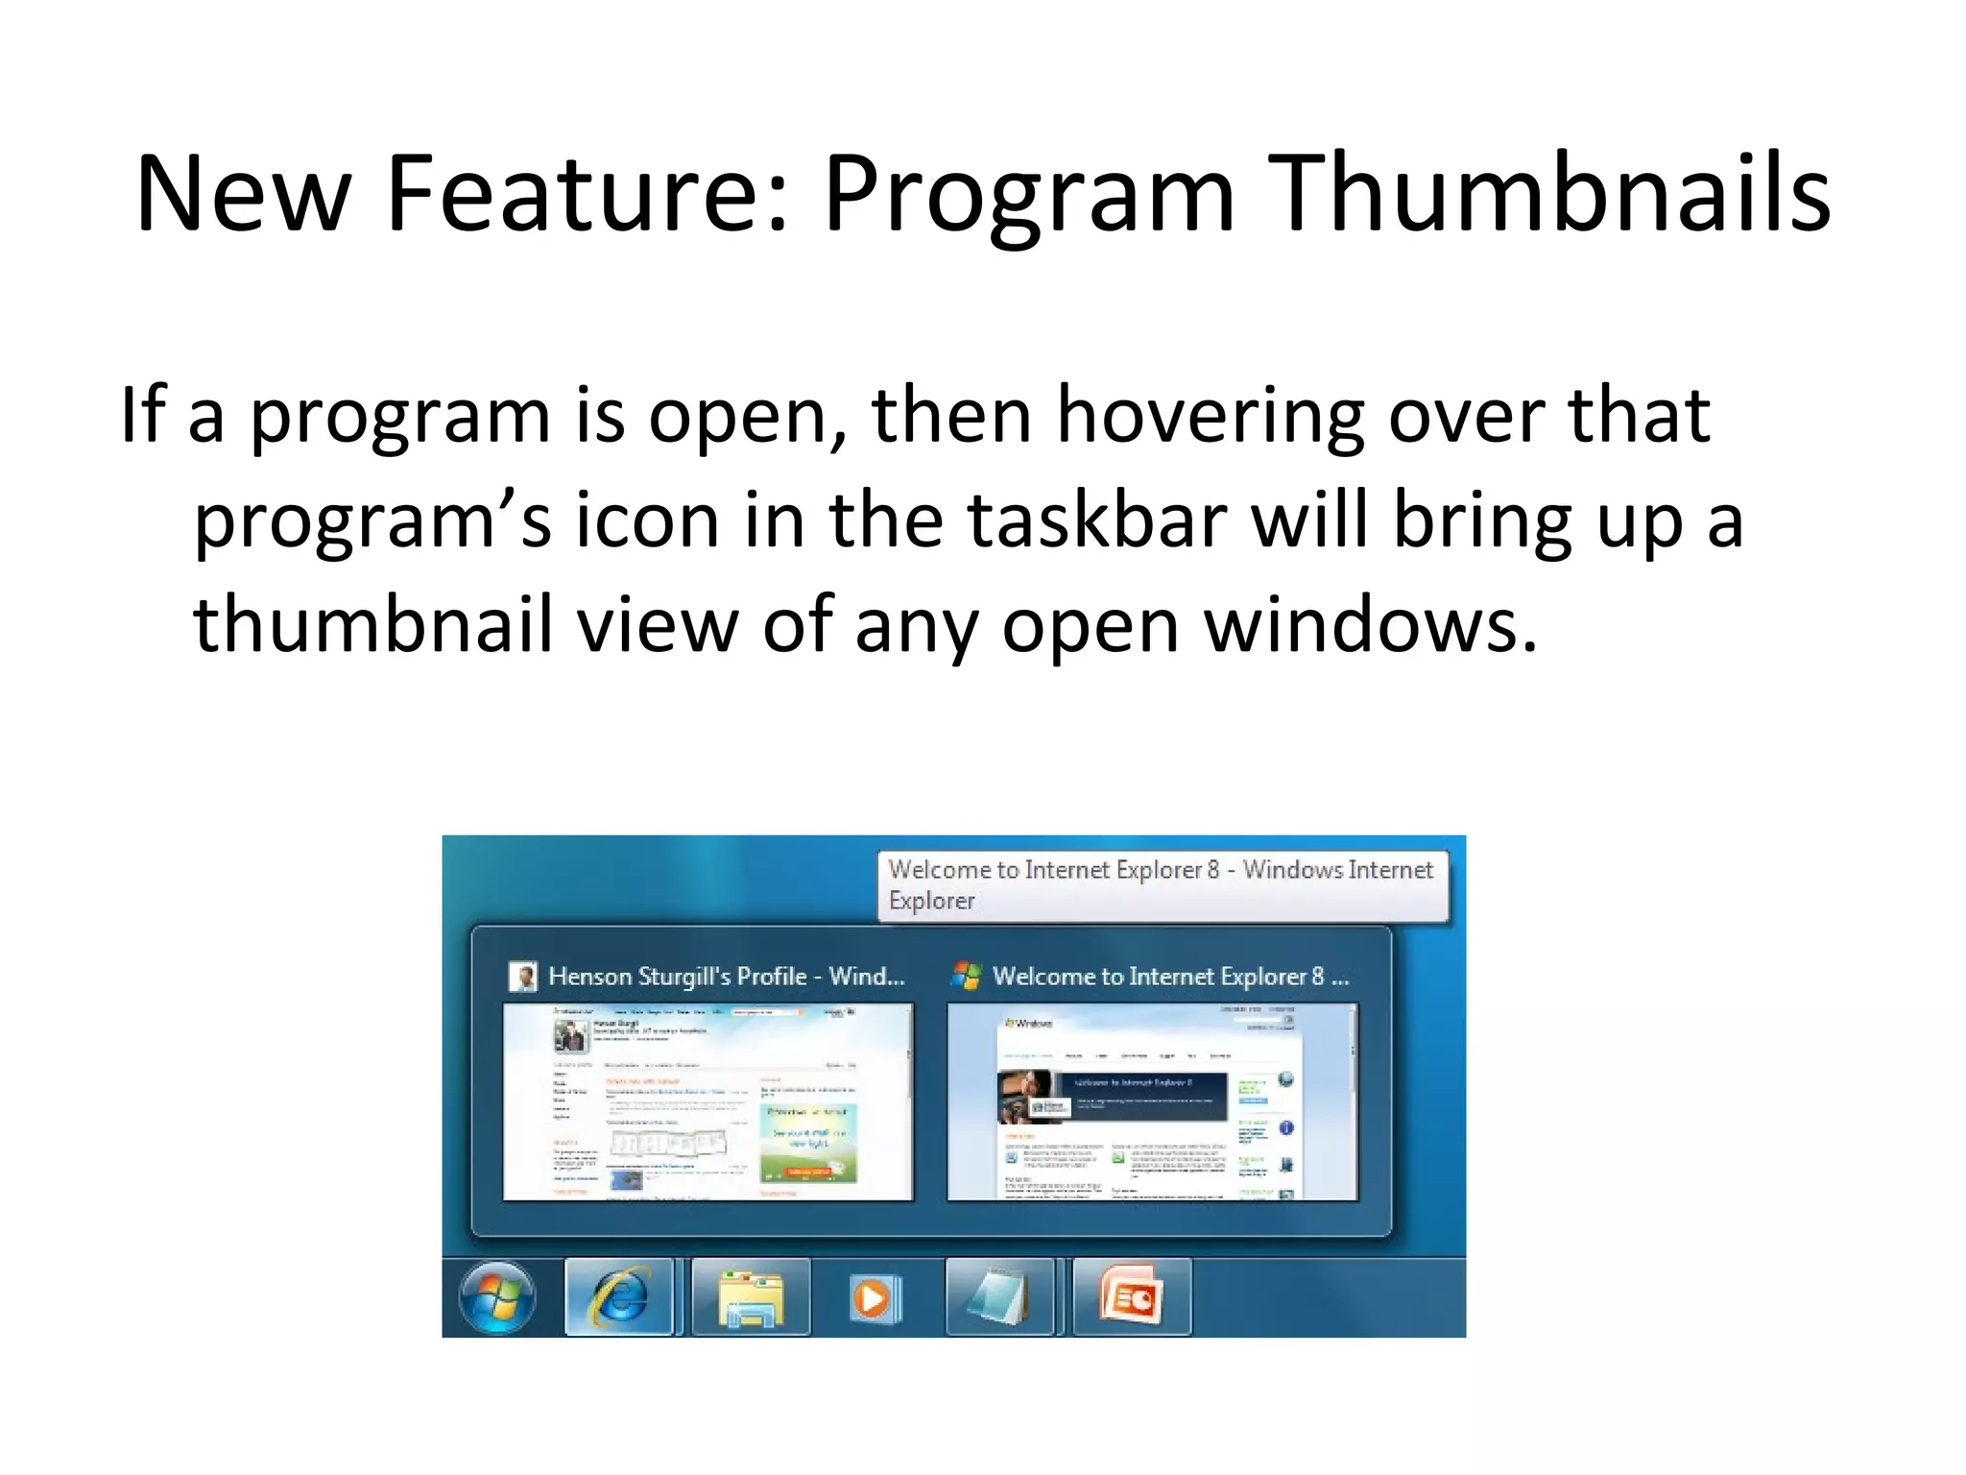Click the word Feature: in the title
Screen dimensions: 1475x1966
click(x=587, y=194)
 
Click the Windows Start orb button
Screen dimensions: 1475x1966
click(x=496, y=1297)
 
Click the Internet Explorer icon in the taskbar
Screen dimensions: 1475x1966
click(x=619, y=1297)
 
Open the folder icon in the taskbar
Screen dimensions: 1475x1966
click(x=751, y=1297)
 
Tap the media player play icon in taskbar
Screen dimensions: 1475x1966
click(x=874, y=1298)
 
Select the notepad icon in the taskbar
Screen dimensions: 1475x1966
click(x=998, y=1297)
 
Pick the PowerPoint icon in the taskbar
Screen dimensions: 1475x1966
click(x=1131, y=1297)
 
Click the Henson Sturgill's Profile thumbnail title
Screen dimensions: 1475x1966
click(x=726, y=977)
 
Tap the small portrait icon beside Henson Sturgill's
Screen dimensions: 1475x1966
click(x=522, y=978)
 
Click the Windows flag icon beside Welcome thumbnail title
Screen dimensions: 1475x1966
click(x=966, y=977)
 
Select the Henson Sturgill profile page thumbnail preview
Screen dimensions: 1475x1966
click(x=707, y=1101)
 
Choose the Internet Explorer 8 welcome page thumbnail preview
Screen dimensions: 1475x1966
click(x=1152, y=1101)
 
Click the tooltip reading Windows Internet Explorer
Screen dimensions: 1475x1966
click(x=1162, y=884)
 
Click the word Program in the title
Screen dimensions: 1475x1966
click(x=1028, y=194)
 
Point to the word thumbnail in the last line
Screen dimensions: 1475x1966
click(x=372, y=625)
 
